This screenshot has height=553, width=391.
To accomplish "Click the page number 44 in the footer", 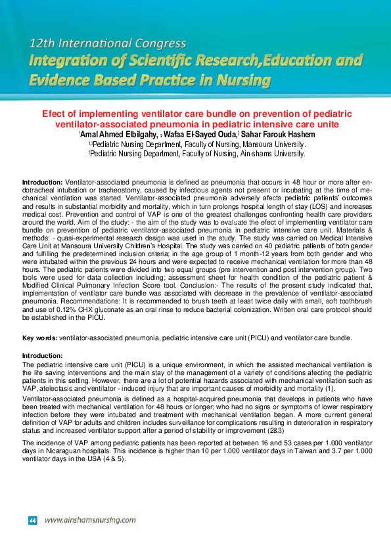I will [32, 520].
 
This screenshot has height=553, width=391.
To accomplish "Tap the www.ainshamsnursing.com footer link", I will [90, 520].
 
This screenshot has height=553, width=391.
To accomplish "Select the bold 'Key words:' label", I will [40, 338].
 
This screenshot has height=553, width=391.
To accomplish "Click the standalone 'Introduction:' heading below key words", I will [42, 355].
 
